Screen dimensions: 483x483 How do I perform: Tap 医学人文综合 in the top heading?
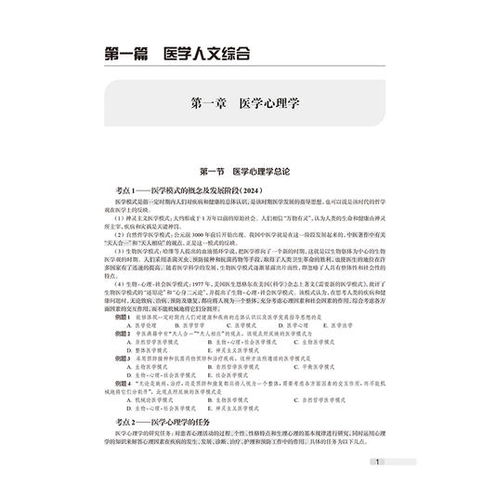[205, 55]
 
